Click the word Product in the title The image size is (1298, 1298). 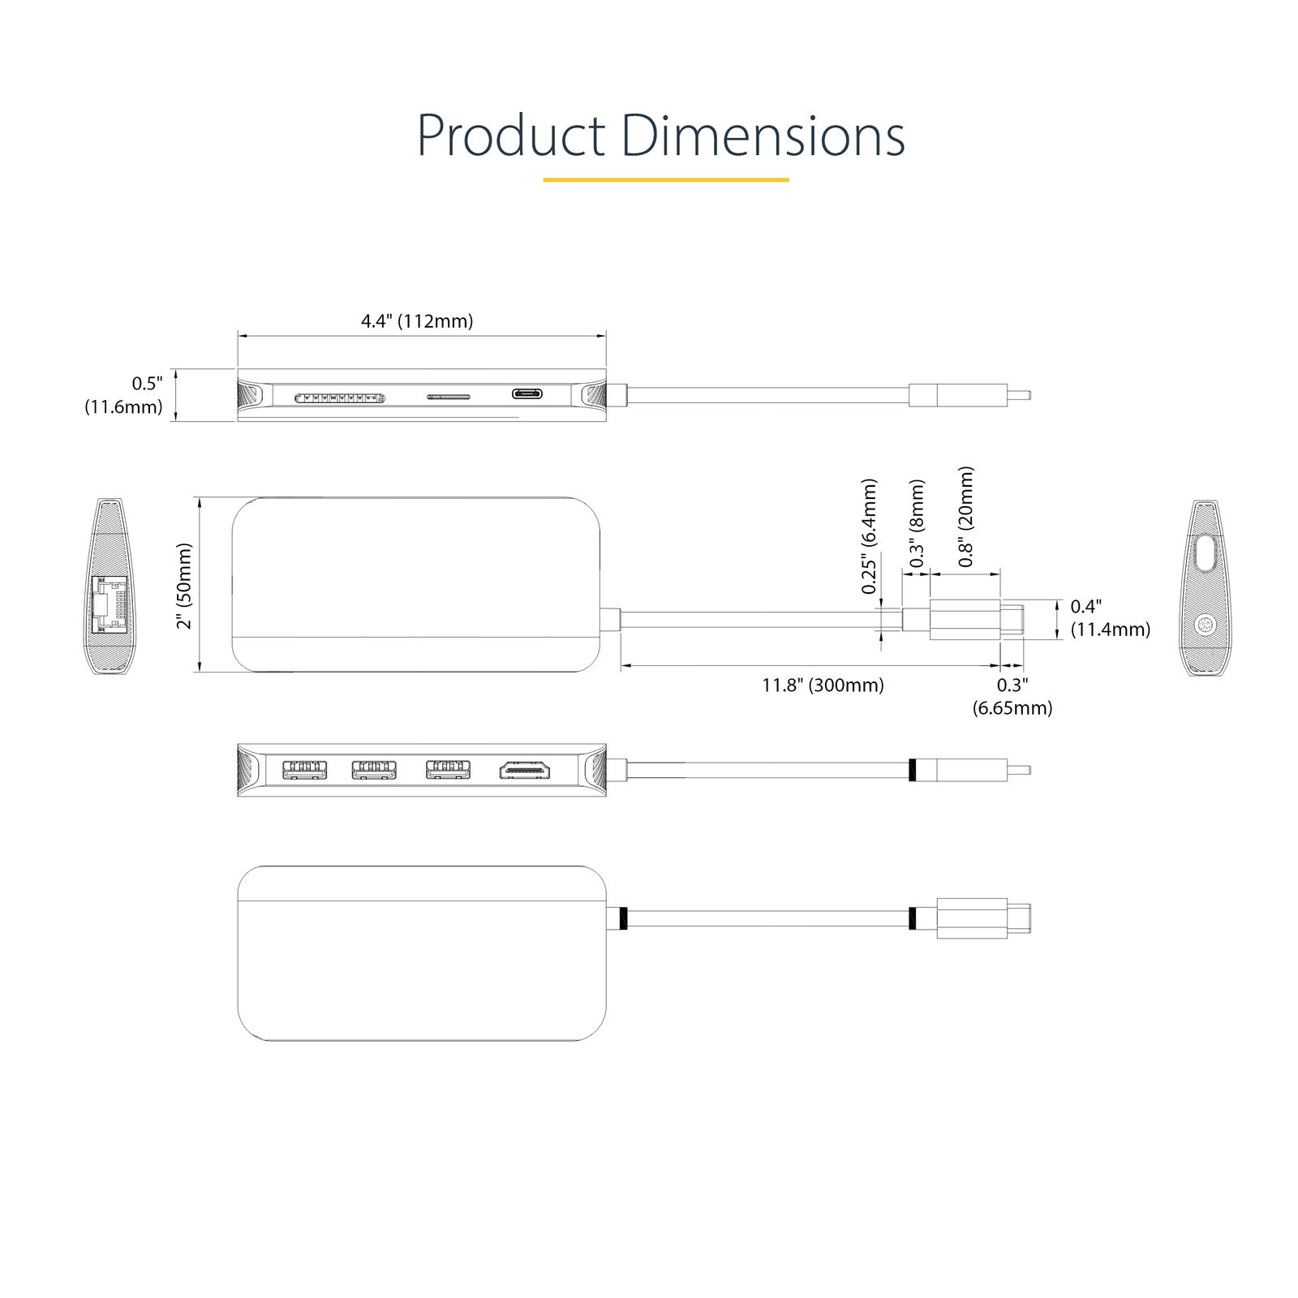[x=511, y=135]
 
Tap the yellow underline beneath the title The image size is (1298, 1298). [x=665, y=179]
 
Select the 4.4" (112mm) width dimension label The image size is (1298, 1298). [x=417, y=320]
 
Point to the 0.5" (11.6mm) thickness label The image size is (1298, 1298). [x=123, y=395]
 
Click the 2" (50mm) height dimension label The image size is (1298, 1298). [x=186, y=586]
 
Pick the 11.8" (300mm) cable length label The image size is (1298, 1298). [x=823, y=685]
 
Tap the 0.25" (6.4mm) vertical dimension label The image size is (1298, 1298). [x=869, y=536]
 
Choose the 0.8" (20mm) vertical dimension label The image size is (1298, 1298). [x=965, y=517]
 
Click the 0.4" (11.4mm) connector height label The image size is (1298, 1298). [x=1110, y=618]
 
